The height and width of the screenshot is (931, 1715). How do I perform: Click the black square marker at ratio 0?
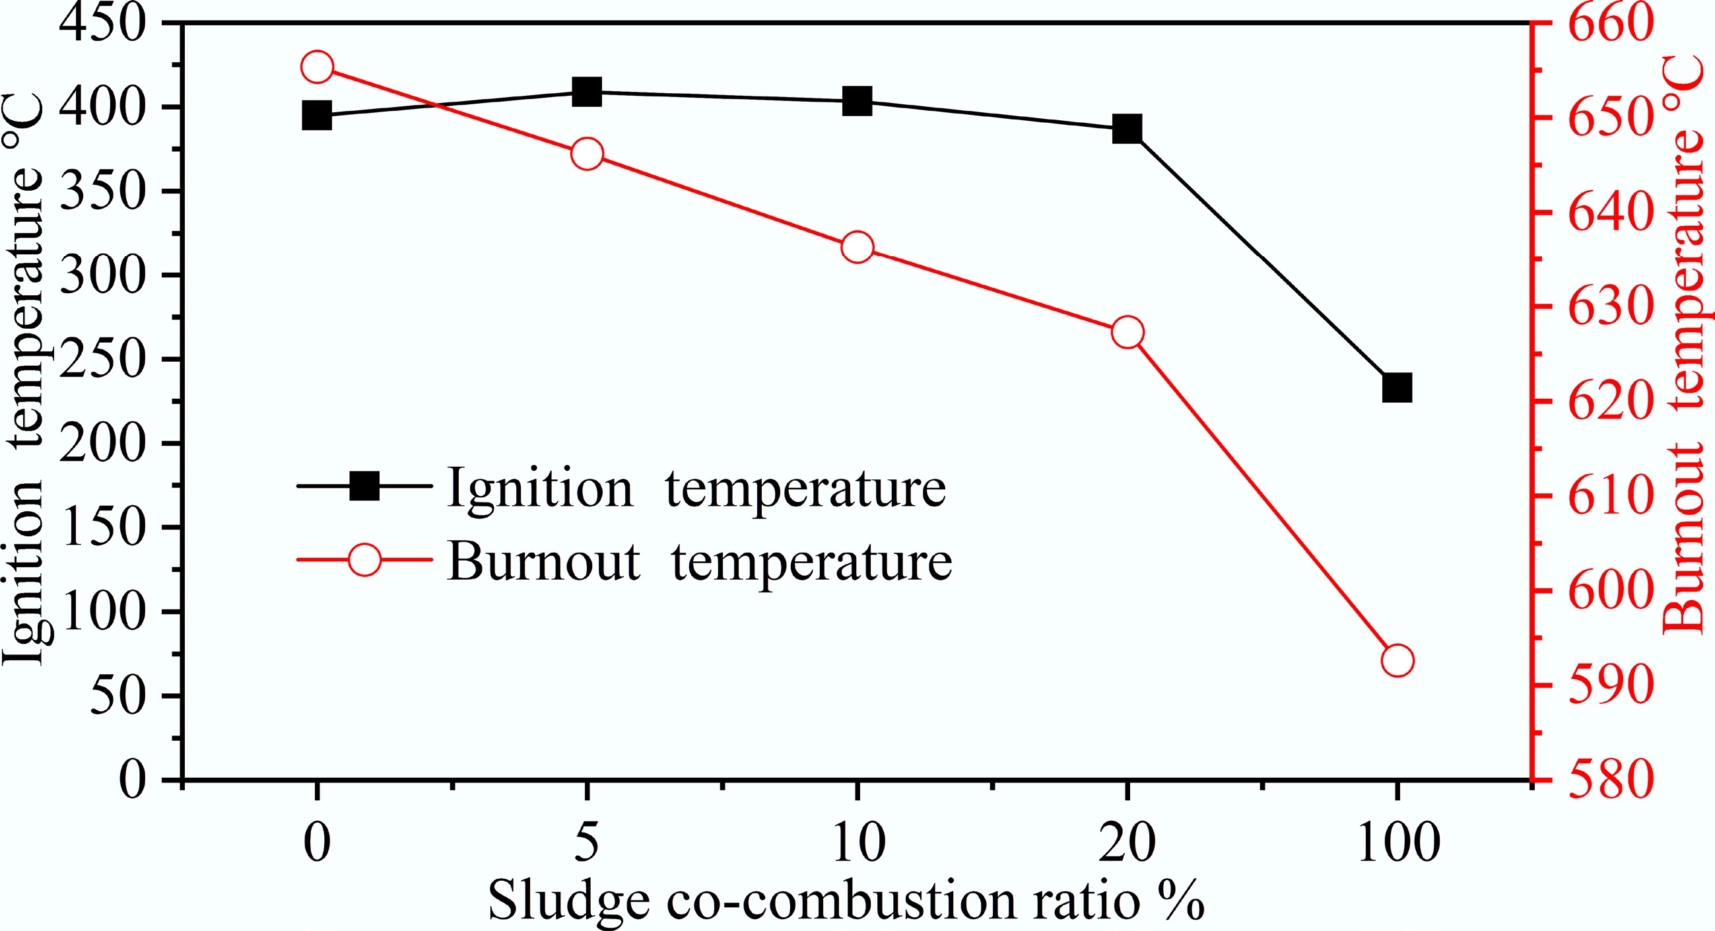(x=317, y=116)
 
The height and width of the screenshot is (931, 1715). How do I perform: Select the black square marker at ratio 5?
(x=588, y=92)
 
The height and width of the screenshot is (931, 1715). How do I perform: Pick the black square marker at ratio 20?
(x=1127, y=129)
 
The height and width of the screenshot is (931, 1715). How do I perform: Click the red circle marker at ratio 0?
(x=317, y=67)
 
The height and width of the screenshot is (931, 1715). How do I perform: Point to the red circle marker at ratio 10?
(x=857, y=248)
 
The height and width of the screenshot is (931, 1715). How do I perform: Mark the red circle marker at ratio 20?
(x=1127, y=332)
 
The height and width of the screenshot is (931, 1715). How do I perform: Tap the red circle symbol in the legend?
(x=365, y=559)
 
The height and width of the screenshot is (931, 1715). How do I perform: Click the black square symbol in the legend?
(x=365, y=486)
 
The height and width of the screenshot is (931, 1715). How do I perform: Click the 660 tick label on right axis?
(x=1611, y=24)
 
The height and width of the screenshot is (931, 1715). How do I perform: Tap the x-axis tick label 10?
(x=858, y=843)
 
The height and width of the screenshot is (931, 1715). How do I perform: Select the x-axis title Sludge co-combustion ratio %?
(x=846, y=901)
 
